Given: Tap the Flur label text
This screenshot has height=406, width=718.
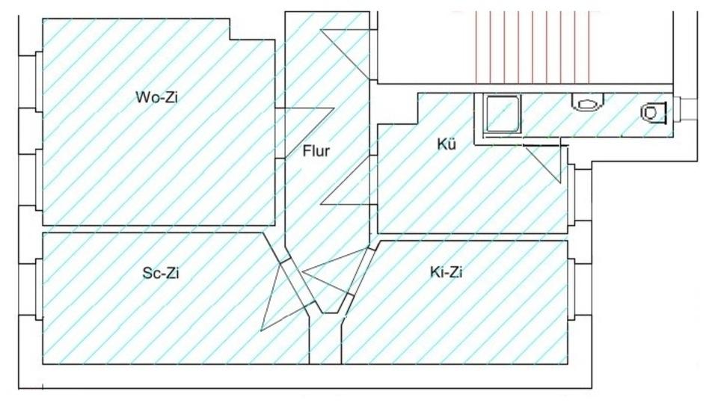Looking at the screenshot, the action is pos(316,151).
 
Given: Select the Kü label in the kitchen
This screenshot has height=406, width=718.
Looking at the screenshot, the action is pos(447,144).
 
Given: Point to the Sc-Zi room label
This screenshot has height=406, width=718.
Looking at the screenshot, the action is pos(161,273).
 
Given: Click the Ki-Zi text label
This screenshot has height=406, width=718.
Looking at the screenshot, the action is pos(447,273).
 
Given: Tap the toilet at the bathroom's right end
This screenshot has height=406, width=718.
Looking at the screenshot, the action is pos(654,112).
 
